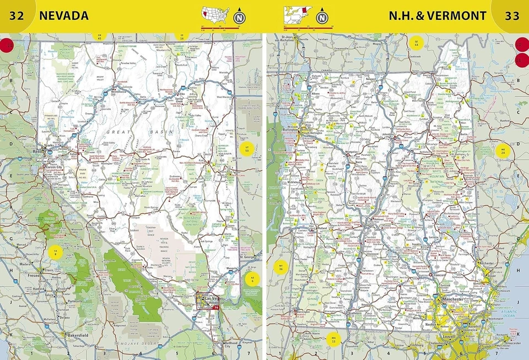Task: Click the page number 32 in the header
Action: (x=17, y=15)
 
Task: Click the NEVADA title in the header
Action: (x=63, y=15)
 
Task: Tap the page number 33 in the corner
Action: (x=512, y=15)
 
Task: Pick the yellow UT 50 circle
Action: (x=247, y=147)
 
